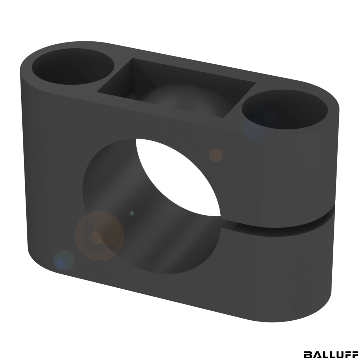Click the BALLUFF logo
coord(330,354)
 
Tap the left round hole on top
coord(73,67)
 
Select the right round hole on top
coord(285,109)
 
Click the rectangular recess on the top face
coord(176,88)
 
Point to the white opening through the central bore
coord(178,177)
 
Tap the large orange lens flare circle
coord(99,235)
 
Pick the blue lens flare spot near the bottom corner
coord(64,260)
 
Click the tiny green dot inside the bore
coord(132,213)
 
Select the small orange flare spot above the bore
coord(216,156)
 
